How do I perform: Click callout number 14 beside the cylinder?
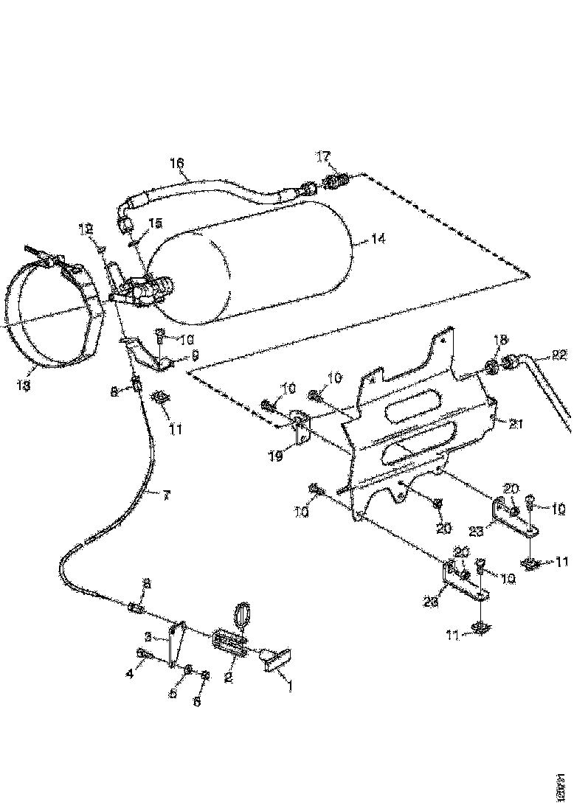pyautogui.click(x=378, y=239)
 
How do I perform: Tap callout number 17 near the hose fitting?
pyautogui.click(x=324, y=156)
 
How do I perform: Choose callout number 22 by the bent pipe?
pyautogui.click(x=559, y=355)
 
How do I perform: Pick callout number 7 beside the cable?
pyautogui.click(x=165, y=495)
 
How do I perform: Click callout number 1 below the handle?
pyautogui.click(x=290, y=686)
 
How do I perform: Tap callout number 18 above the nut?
pyautogui.click(x=501, y=340)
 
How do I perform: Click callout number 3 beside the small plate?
pyautogui.click(x=148, y=636)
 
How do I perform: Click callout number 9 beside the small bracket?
pyautogui.click(x=195, y=355)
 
